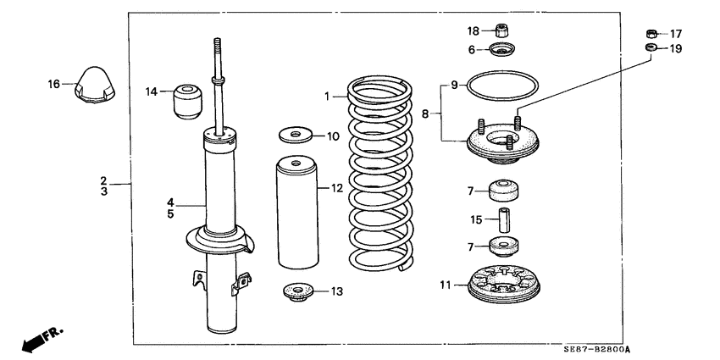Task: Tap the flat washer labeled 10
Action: point(295,135)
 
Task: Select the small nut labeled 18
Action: point(501,30)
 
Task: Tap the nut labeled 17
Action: point(651,33)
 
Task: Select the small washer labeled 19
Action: point(651,48)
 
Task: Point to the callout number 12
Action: point(337,188)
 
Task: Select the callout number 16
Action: point(54,83)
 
